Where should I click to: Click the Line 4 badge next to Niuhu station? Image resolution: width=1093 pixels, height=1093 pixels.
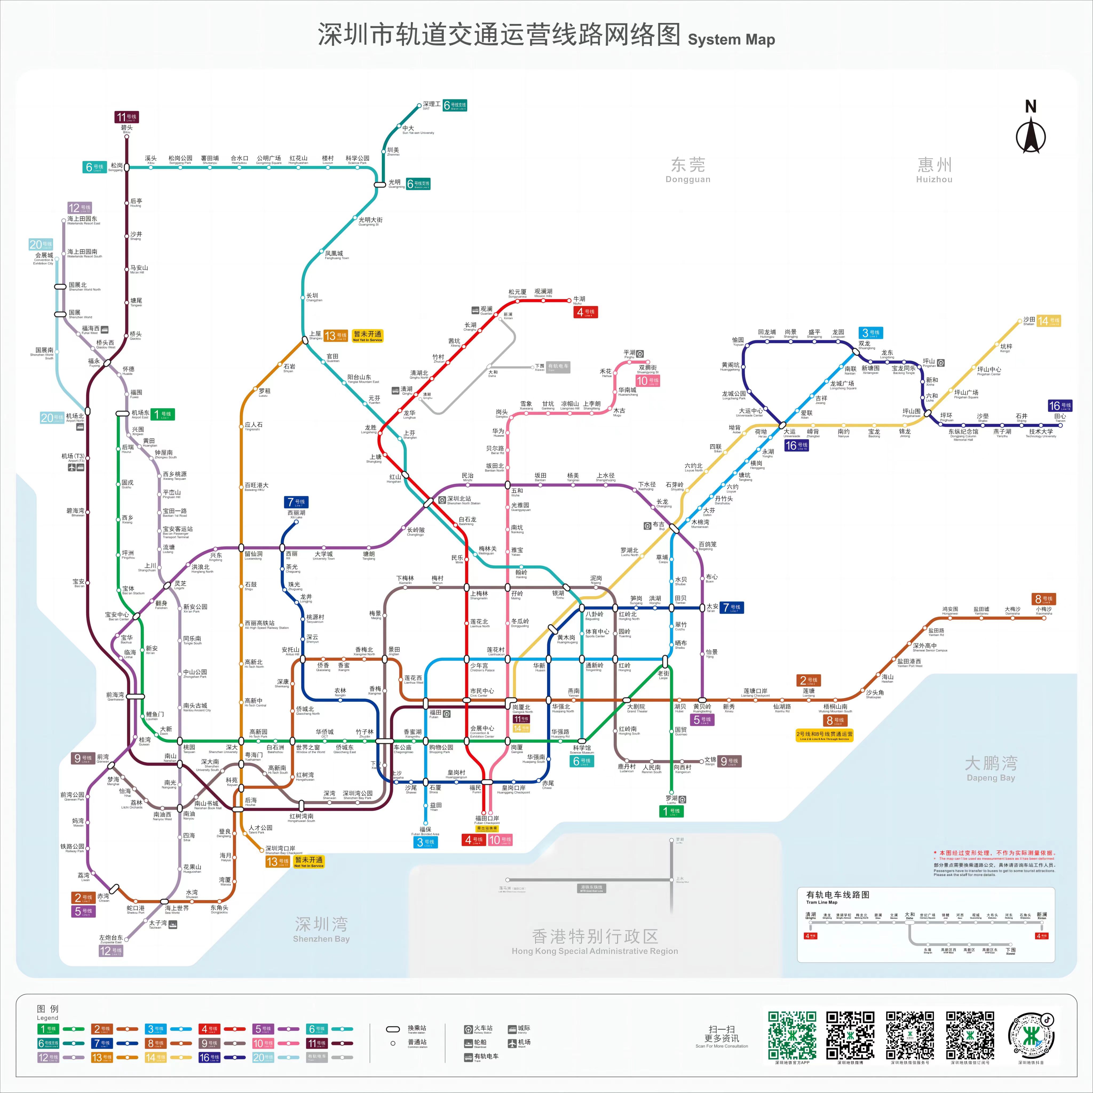point(585,312)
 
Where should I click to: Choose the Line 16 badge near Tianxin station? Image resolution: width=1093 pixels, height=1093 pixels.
point(1059,406)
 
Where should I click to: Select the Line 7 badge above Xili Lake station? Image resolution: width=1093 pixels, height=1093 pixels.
point(296,502)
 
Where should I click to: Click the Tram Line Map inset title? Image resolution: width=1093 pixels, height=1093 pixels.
point(837,895)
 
